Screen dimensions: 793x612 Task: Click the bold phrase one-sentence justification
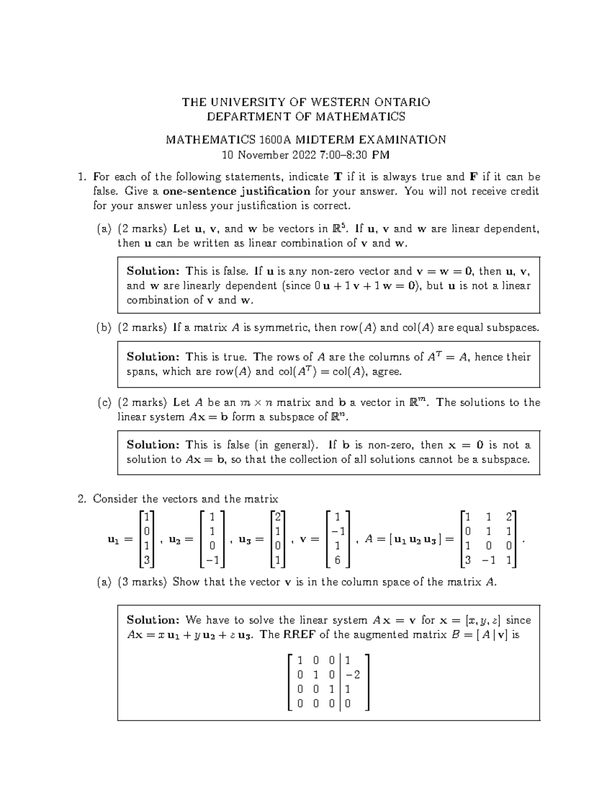tap(236, 191)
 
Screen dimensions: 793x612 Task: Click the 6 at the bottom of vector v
tap(337, 560)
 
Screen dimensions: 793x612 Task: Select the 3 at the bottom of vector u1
tap(146, 560)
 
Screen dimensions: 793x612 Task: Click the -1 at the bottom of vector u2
tap(212, 560)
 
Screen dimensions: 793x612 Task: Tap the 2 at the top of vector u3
tap(277, 516)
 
